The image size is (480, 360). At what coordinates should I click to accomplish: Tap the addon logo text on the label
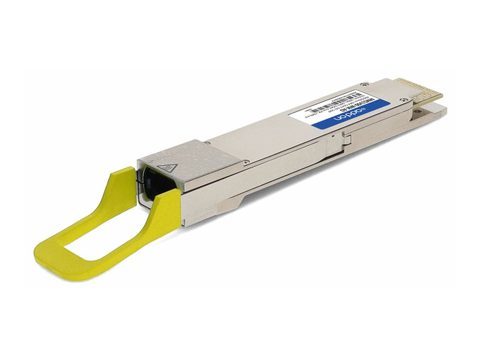pos(350,114)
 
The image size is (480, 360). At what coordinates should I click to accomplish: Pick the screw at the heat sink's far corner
pos(206,141)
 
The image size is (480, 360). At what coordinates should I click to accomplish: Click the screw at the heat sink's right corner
pos(244,162)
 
